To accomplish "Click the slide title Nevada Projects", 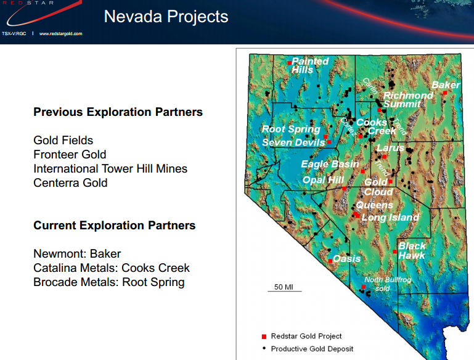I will pos(166,17).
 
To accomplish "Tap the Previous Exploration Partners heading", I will pos(118,112).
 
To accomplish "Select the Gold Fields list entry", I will pos(63,141).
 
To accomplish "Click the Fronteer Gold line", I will pos(70,155).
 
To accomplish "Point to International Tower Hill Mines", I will pos(110,168).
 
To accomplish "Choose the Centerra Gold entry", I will pos(70,182).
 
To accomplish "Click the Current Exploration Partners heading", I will pos(114,226).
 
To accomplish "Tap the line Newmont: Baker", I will pos(77,254).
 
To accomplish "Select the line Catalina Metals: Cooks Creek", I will pos(112,268).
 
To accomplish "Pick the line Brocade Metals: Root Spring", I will pos(108,282).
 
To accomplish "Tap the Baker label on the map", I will pos(445,85).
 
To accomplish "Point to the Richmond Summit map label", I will pos(407,100).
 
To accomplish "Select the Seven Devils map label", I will pos(293,143).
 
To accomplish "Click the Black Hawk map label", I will pos(412,250).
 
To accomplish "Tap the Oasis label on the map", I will pos(346,259).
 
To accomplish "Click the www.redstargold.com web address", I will pos(60,33).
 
